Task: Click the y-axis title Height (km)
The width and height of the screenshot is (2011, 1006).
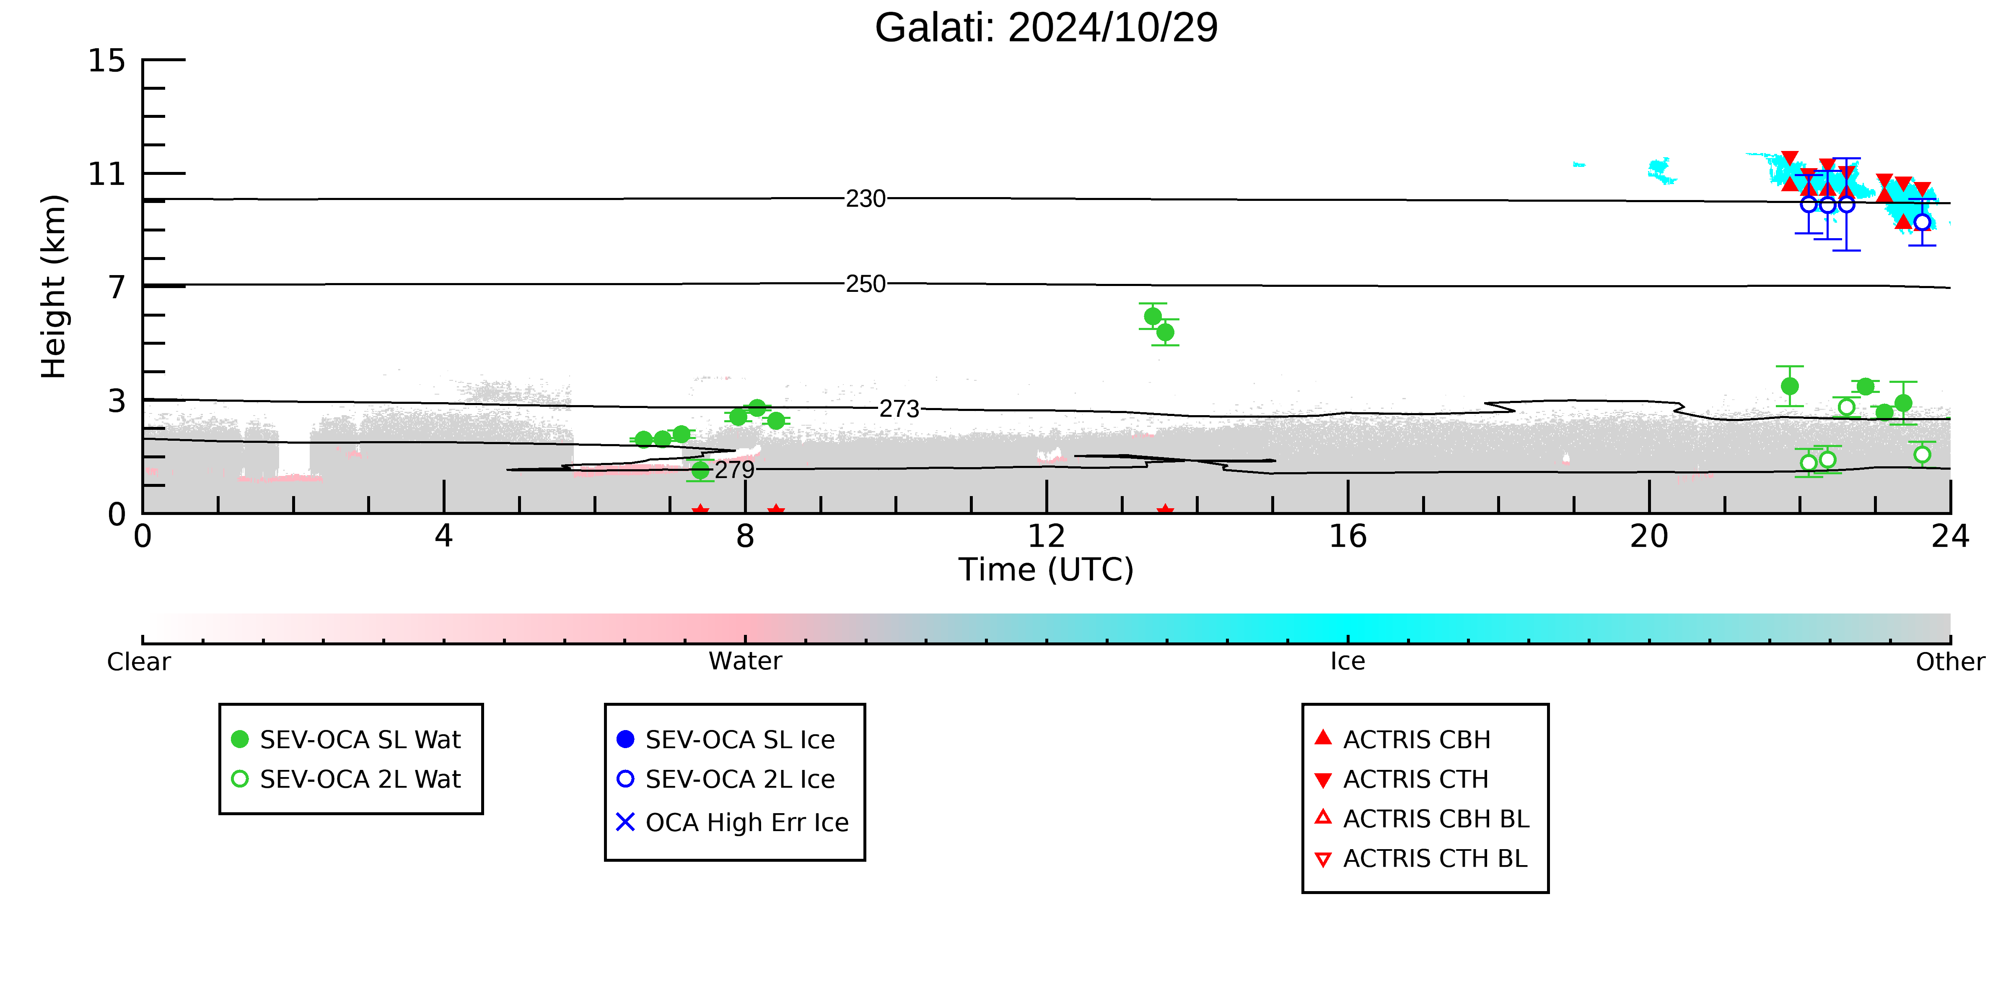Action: pyautogui.click(x=54, y=287)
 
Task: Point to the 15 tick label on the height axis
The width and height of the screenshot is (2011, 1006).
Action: pyautogui.click(x=106, y=61)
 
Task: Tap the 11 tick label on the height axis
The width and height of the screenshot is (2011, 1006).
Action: pyautogui.click(x=106, y=174)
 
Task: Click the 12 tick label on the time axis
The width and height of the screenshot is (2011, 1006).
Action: pyautogui.click(x=1046, y=537)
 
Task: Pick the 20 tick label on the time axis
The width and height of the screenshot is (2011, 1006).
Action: pyautogui.click(x=1649, y=537)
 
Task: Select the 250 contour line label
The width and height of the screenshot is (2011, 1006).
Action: pyautogui.click(x=866, y=283)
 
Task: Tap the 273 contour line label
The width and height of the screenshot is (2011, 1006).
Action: pyautogui.click(x=899, y=408)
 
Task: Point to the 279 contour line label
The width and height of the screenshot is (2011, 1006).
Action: pyautogui.click(x=735, y=469)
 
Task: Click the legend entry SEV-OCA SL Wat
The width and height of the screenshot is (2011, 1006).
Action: pyautogui.click(x=347, y=739)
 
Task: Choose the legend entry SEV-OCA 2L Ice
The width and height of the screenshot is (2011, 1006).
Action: pyautogui.click(x=726, y=779)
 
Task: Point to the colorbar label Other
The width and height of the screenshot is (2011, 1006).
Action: pyautogui.click(x=1950, y=662)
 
